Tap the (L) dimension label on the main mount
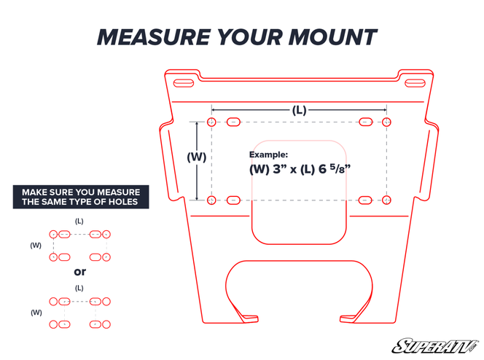pyautogui.click(x=299, y=110)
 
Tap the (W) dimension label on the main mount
pyautogui.click(x=196, y=157)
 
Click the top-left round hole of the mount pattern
pyautogui.click(x=211, y=122)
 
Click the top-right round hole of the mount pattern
pyautogui.click(x=386, y=122)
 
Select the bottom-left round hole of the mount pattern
pyautogui.click(x=211, y=200)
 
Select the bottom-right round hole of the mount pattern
pyautogui.click(x=386, y=200)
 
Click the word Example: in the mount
pyautogui.click(x=268, y=154)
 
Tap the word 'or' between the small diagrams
pyautogui.click(x=79, y=272)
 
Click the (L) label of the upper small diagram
pyautogui.click(x=79, y=220)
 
